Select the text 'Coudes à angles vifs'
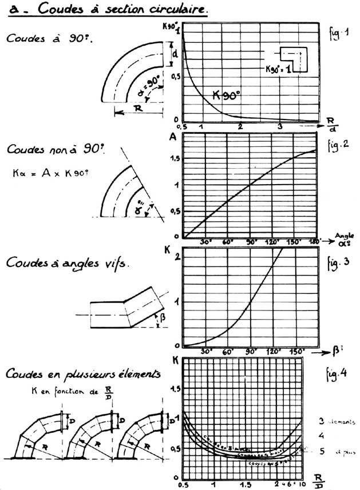tap(68, 263)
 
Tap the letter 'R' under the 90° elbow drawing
tap(138, 107)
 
